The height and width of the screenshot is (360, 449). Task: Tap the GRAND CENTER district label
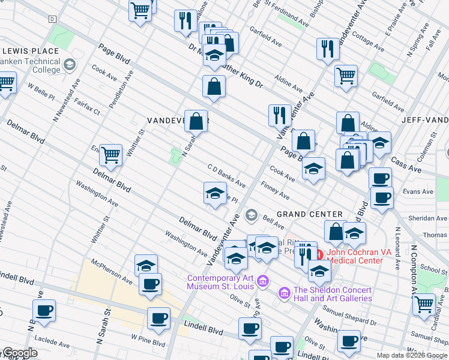[310, 214]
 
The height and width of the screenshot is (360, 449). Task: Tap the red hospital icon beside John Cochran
[319, 253]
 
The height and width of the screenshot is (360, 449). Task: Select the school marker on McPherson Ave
[146, 265]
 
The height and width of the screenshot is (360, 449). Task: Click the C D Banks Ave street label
[226, 175]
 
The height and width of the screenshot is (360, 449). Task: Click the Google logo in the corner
[19, 353]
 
